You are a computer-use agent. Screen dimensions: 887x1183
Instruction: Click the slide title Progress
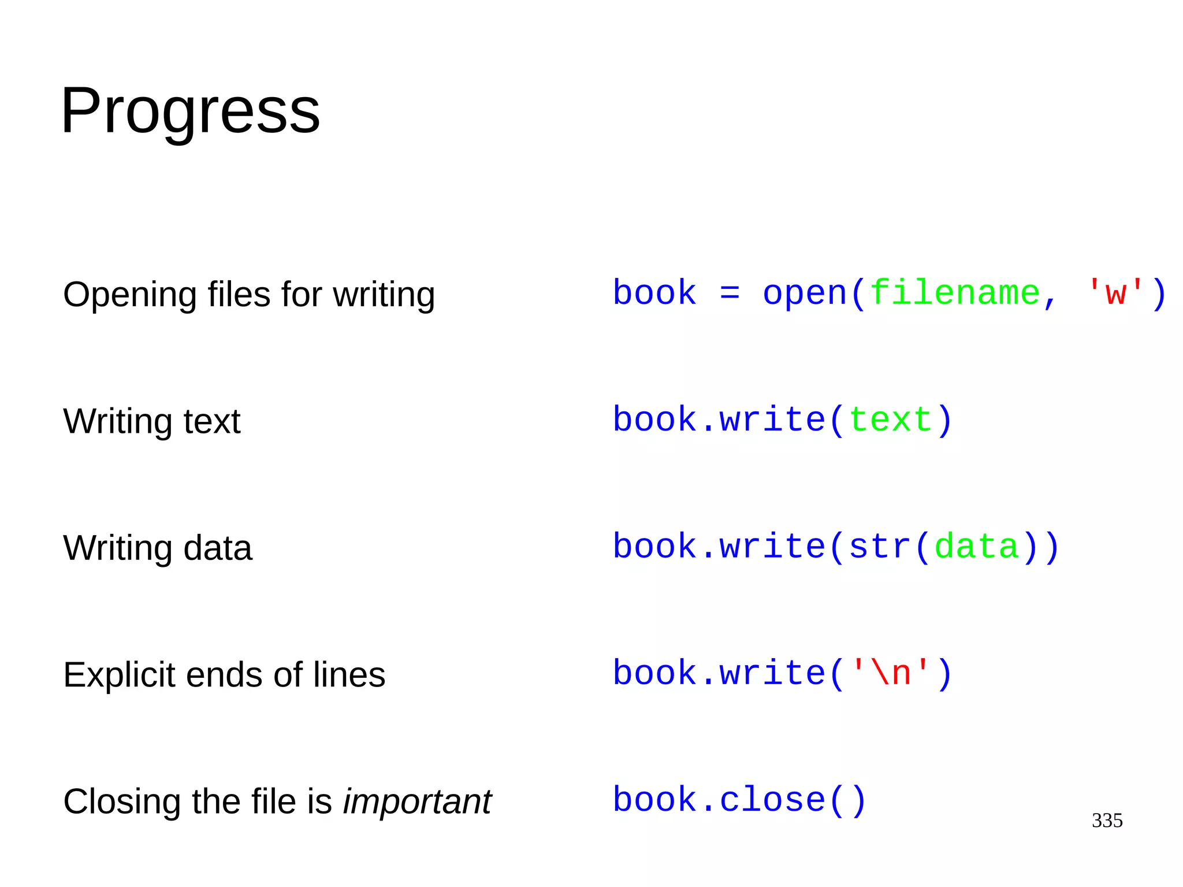pyautogui.click(x=190, y=110)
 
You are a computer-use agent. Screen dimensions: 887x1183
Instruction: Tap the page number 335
pyautogui.click(x=1107, y=820)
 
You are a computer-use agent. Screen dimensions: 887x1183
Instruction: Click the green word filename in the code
pyautogui.click(x=955, y=293)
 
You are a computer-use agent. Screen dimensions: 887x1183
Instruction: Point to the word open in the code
pyautogui.click(x=805, y=293)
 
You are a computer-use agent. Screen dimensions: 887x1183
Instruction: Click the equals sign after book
pyautogui.click(x=730, y=293)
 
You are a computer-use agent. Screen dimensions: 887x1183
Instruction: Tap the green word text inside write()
pyautogui.click(x=890, y=420)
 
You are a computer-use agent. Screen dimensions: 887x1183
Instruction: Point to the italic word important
pyautogui.click(x=417, y=801)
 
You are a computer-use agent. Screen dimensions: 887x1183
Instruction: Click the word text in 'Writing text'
pyautogui.click(x=211, y=421)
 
